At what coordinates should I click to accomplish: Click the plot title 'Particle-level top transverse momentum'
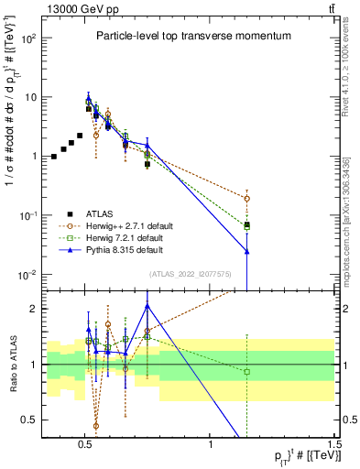(x=193, y=36)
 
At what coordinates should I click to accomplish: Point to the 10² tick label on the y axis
(x=31, y=38)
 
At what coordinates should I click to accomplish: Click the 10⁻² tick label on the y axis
(x=31, y=275)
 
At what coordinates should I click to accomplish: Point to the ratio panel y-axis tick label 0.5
(x=32, y=420)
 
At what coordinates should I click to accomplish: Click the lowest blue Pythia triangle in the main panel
(x=246, y=251)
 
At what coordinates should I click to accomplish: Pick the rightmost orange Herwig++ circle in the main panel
(x=246, y=198)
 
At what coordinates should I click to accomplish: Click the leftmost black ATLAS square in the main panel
(x=54, y=157)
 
